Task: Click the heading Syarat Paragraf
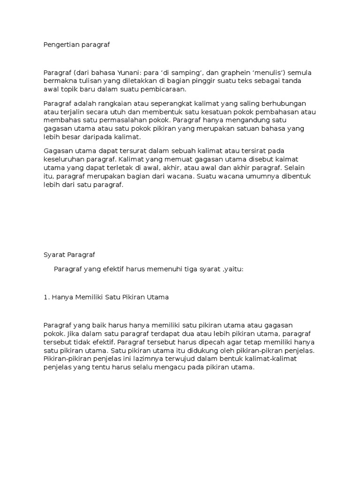tap(69, 255)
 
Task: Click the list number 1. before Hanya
tap(46, 297)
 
